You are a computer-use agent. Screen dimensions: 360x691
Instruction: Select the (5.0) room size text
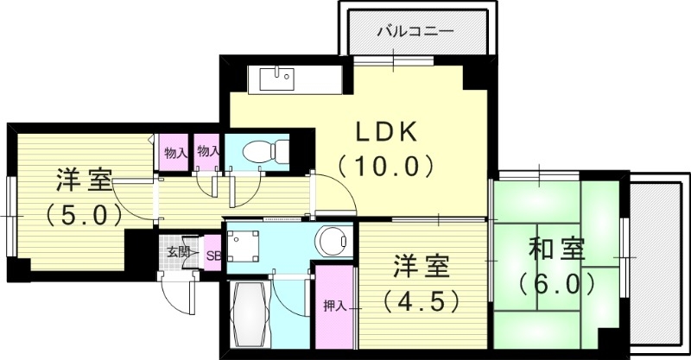[84, 213]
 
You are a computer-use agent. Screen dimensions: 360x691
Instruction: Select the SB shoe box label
[212, 255]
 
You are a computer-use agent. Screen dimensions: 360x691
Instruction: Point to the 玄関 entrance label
[179, 253]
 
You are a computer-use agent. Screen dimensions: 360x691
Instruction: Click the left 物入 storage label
[174, 151]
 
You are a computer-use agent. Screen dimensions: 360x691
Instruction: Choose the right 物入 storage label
[207, 151]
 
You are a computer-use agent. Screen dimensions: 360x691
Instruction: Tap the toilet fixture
[263, 151]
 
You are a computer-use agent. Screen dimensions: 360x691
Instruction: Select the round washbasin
[332, 241]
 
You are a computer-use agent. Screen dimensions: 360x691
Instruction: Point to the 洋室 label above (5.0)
[84, 181]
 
